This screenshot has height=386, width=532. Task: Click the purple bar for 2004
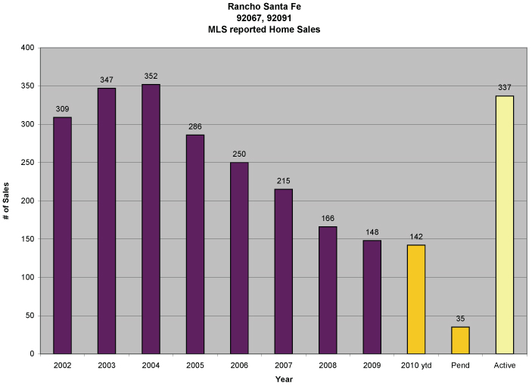click(x=151, y=219)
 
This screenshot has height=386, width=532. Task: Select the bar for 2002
click(x=62, y=235)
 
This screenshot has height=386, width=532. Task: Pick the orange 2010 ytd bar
click(x=415, y=299)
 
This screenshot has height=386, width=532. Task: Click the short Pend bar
click(x=460, y=340)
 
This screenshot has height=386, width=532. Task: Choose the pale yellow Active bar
click(x=504, y=225)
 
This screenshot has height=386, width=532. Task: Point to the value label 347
click(x=107, y=79)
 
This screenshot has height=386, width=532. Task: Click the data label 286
click(x=194, y=126)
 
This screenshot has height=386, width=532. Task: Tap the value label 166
click(x=328, y=218)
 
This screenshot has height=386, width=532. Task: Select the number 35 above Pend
click(x=460, y=319)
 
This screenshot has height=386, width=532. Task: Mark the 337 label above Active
click(x=505, y=87)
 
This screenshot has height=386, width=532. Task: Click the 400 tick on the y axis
click(x=27, y=48)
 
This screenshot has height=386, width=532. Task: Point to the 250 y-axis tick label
click(x=27, y=163)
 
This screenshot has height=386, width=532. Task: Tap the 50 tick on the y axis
click(x=30, y=316)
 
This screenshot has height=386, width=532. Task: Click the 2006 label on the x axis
click(x=239, y=366)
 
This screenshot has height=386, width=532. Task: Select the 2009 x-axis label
click(x=372, y=366)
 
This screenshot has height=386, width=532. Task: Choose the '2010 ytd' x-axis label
click(x=415, y=366)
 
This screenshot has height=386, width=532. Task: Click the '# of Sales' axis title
click(x=6, y=201)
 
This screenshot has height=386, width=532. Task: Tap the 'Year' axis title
click(x=283, y=378)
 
